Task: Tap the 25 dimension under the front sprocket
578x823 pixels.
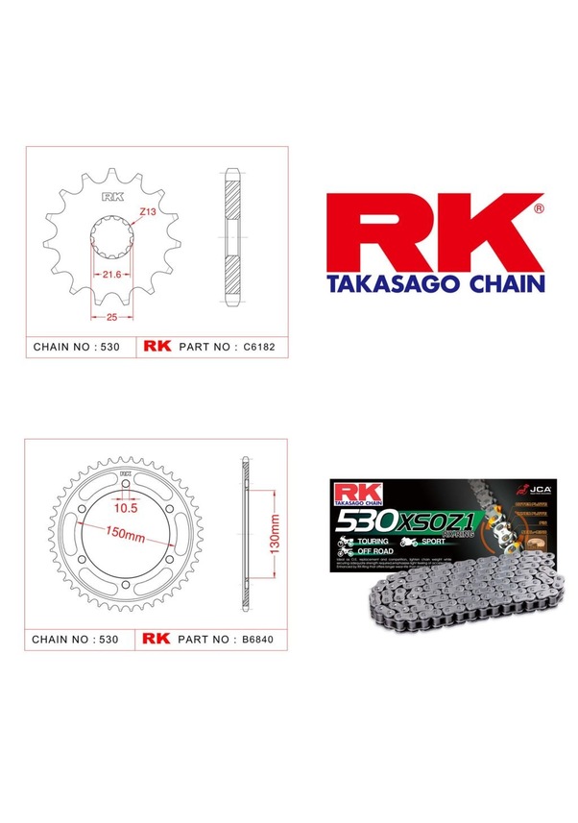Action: (x=111, y=316)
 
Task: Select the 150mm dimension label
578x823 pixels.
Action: (x=124, y=534)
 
